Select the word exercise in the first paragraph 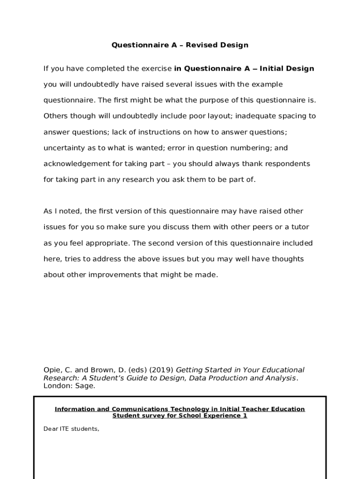coord(156,69)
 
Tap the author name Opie coord(51,370)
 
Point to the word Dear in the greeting coord(50,428)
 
